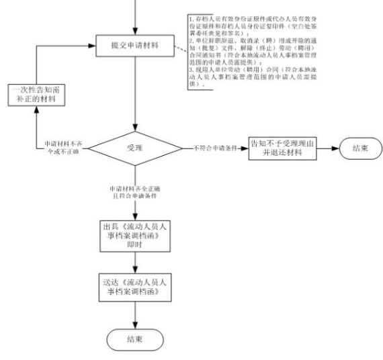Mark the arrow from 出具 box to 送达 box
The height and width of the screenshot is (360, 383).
click(x=136, y=261)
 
